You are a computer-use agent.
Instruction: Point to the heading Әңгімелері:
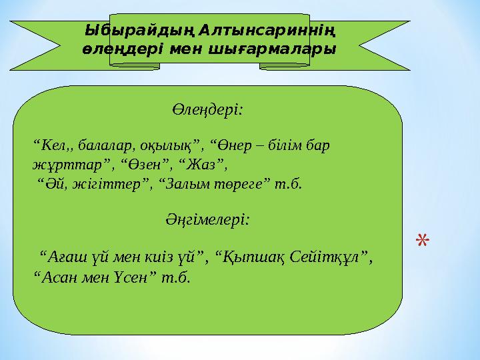(x=207, y=219)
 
